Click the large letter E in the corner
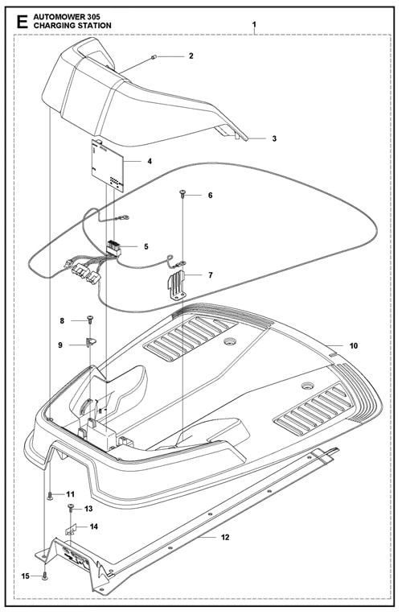(x=23, y=22)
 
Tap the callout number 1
(x=254, y=25)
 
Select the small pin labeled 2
(x=154, y=58)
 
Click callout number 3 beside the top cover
(x=274, y=138)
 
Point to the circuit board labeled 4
(x=108, y=165)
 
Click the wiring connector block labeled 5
(x=113, y=249)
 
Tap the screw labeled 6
(x=183, y=193)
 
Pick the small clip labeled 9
(x=91, y=342)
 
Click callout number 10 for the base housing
(x=354, y=345)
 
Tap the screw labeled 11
(x=50, y=496)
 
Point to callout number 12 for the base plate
(x=225, y=537)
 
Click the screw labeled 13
(x=71, y=508)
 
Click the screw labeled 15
(x=44, y=576)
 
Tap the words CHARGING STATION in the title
(x=72, y=26)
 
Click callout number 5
(x=146, y=246)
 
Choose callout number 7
(x=211, y=275)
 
